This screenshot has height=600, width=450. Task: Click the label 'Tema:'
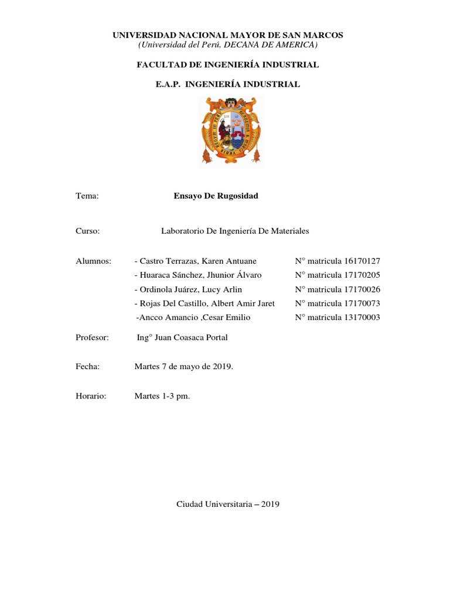pyautogui.click(x=87, y=196)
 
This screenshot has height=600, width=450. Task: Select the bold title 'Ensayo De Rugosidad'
pyautogui.click(x=216, y=196)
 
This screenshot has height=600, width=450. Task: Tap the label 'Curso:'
pyautogui.click(x=88, y=231)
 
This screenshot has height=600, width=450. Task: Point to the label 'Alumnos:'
pyautogui.click(x=94, y=261)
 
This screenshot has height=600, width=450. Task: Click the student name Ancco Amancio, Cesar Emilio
pyautogui.click(x=193, y=318)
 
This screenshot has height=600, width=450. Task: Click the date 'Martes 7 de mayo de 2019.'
pyautogui.click(x=183, y=367)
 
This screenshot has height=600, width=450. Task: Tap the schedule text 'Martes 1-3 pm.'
pyautogui.click(x=162, y=397)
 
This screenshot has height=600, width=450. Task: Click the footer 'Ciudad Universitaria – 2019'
pyautogui.click(x=228, y=504)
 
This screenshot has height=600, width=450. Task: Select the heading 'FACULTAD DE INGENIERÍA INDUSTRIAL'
pyautogui.click(x=228, y=64)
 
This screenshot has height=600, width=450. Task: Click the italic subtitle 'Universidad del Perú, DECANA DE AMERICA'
pyautogui.click(x=228, y=45)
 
